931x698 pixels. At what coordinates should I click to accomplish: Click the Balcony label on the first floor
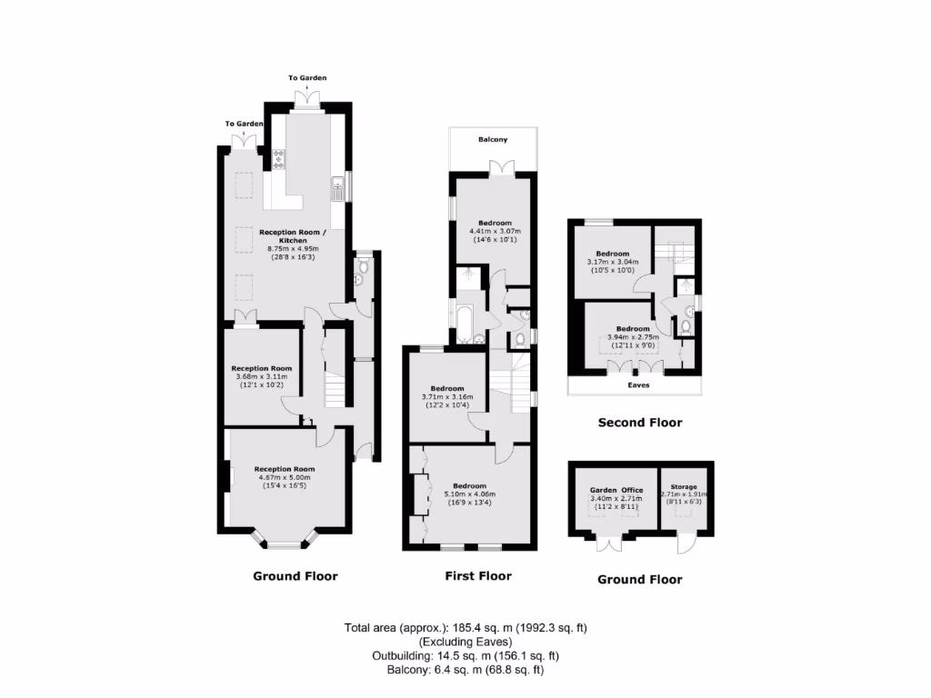point(493,140)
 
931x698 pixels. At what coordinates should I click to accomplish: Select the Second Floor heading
point(639,423)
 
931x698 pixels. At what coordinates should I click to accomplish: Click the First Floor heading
point(477,575)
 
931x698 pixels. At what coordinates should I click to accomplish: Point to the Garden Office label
point(616,488)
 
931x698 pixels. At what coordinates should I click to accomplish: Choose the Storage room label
point(684,488)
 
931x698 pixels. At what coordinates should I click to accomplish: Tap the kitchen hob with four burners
point(278,161)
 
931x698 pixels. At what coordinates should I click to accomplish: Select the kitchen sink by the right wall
point(336,189)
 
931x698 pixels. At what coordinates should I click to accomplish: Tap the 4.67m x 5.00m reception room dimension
point(284,477)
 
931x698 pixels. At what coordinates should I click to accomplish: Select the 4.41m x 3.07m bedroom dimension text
point(495,231)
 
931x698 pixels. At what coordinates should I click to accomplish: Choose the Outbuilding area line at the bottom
point(465,655)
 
